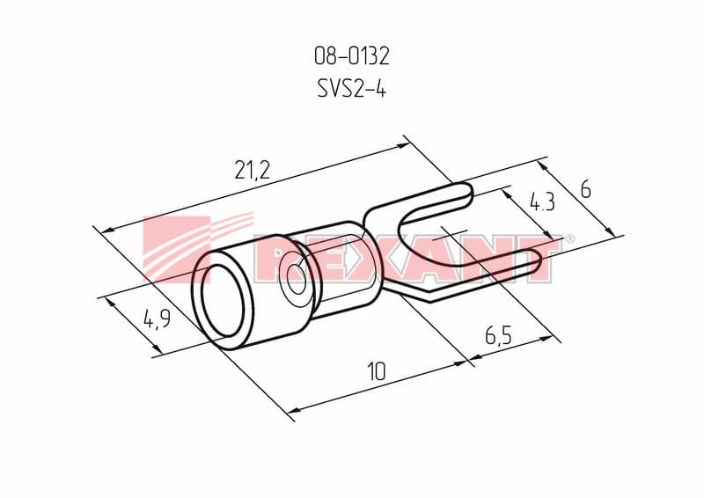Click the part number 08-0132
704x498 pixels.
tap(351, 56)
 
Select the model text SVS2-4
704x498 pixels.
tap(351, 90)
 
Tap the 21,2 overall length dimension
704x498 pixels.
tap(253, 170)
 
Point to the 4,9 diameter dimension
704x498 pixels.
tap(158, 319)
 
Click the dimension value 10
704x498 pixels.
tap(377, 371)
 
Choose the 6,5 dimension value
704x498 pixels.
tap(498, 335)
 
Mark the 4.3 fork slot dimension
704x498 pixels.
tap(542, 201)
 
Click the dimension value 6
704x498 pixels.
tap(585, 189)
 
